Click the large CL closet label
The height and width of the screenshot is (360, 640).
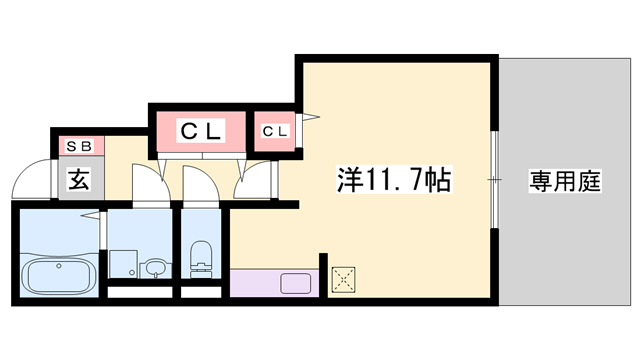[x=201, y=130]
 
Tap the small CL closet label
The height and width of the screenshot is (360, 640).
[x=275, y=131]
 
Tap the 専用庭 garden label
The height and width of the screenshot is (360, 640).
[x=564, y=182]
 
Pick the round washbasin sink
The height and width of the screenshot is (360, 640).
[x=152, y=268]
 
